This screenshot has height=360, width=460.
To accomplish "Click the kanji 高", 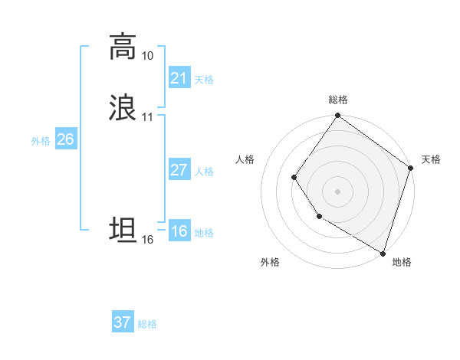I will click(x=123, y=47).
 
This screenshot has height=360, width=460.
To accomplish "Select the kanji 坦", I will click(x=123, y=230).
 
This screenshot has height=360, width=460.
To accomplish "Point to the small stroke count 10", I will click(x=147, y=56).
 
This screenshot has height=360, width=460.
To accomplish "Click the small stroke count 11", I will click(x=147, y=117).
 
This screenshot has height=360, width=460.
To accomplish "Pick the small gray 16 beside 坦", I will click(x=147, y=240).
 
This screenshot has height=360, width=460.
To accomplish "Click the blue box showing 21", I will click(x=179, y=78).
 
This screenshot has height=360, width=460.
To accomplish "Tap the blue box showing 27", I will click(x=179, y=170).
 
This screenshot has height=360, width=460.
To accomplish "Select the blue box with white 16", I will click(x=179, y=231).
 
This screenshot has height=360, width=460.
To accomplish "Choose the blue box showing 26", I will click(x=65, y=139).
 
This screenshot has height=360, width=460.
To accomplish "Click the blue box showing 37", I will click(x=122, y=322).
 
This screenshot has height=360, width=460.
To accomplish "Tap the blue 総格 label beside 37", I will click(x=147, y=324).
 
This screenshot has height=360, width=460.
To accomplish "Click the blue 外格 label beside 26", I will click(x=41, y=141).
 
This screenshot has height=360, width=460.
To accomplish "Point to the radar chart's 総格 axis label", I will click(x=338, y=100).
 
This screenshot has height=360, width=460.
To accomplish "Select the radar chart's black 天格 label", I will click(x=431, y=159).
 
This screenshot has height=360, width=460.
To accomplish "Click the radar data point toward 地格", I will click(x=383, y=253).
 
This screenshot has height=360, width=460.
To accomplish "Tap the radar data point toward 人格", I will click(x=294, y=178).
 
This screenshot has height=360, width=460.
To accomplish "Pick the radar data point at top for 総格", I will click(x=337, y=116).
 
